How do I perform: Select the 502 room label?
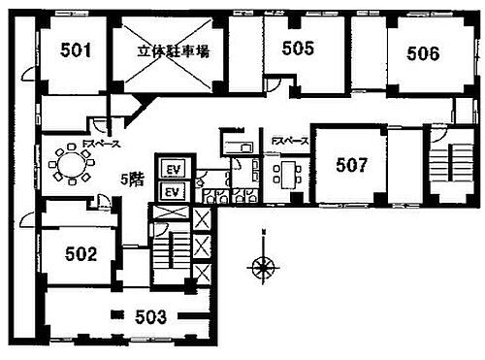click(81, 254)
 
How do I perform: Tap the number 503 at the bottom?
click(151, 316)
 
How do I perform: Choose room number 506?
click(423, 53)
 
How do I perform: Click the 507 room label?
click(351, 165)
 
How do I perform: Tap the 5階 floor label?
click(133, 180)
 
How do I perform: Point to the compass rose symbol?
click(262, 263)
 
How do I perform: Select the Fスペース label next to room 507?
click(289, 142)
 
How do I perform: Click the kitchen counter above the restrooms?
click(236, 147)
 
